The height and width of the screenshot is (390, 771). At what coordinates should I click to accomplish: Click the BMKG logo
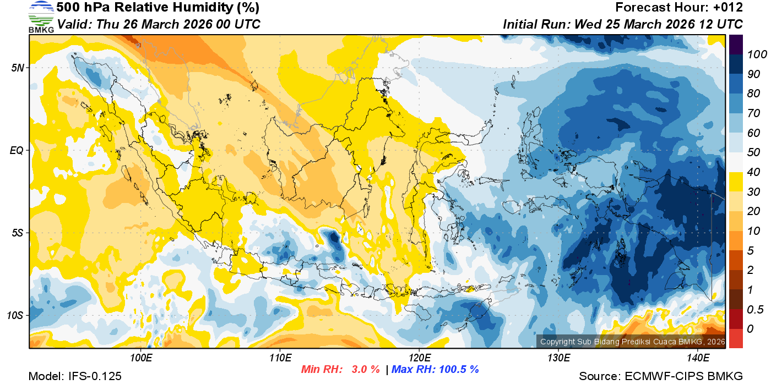point(41,17)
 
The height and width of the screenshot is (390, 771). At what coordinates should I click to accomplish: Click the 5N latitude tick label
point(18,68)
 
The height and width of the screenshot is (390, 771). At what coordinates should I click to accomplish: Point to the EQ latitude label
point(17,150)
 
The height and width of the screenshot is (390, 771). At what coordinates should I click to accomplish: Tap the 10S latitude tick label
point(15,316)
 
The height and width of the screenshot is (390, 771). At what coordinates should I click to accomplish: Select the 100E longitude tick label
point(141,358)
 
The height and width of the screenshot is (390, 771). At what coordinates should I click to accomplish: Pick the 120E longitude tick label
point(419,358)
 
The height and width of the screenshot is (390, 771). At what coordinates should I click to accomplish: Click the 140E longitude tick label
point(698,358)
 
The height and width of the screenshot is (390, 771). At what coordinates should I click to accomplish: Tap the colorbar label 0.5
point(754,309)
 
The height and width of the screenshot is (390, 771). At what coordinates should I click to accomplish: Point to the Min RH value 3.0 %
point(366,369)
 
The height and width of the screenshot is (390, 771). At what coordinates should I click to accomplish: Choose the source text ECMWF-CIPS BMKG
point(683,376)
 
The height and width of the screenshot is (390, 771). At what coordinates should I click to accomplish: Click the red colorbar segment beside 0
point(736,338)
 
